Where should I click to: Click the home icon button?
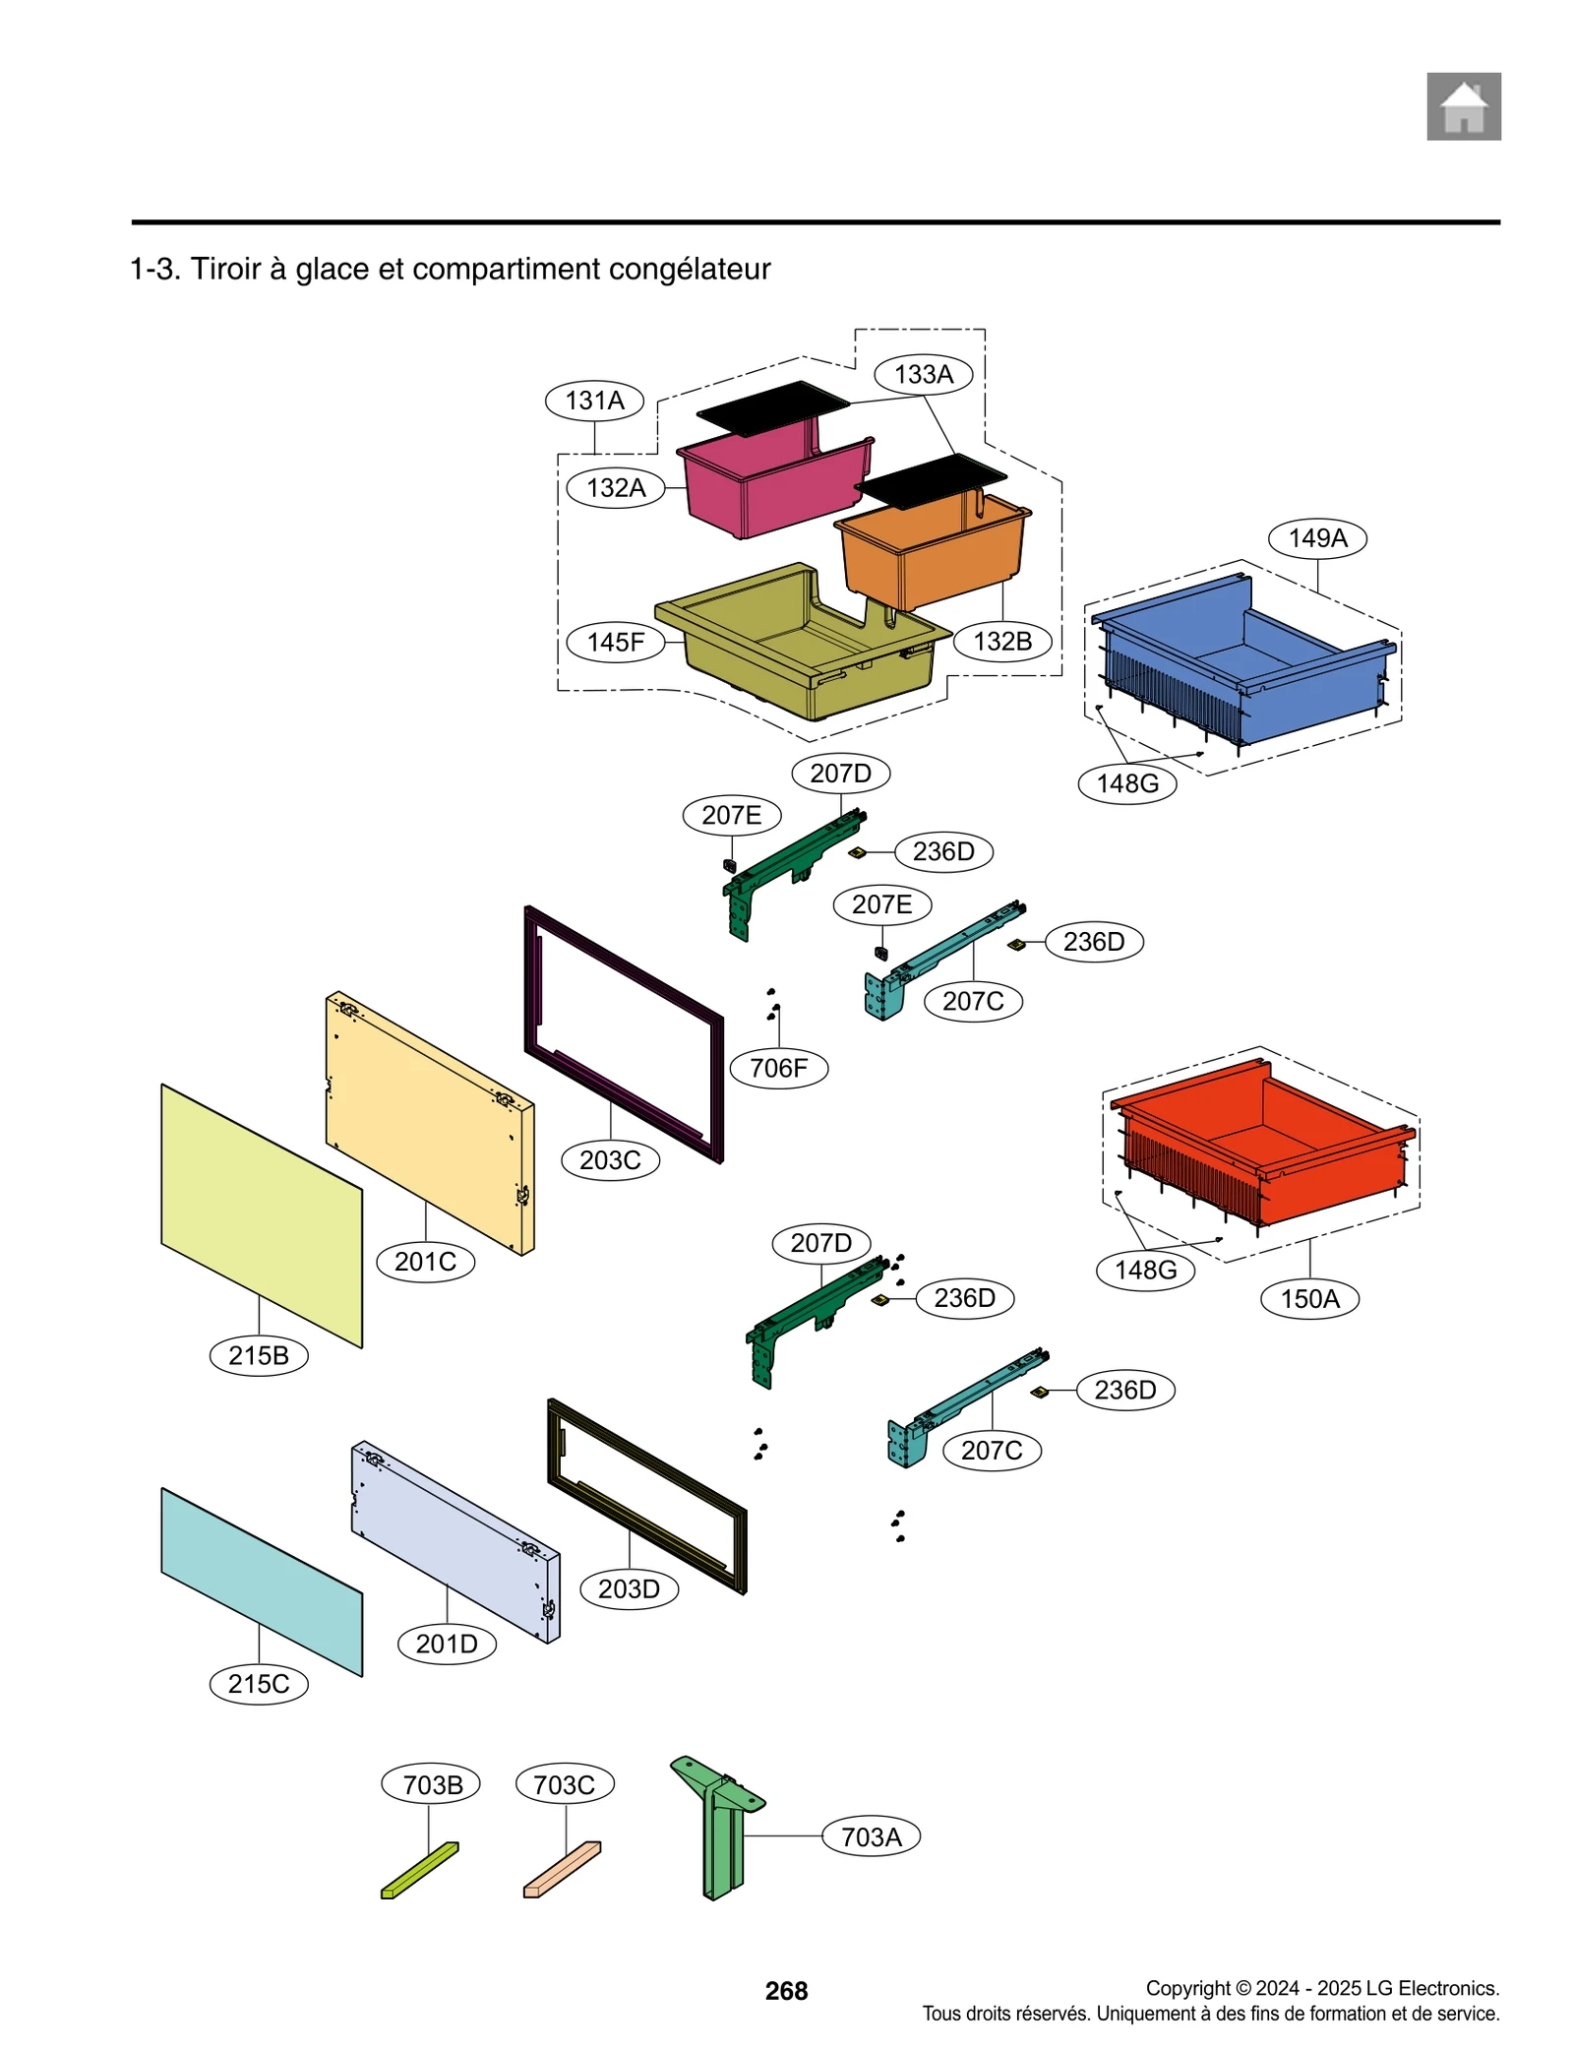1463,106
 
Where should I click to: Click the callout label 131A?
594,401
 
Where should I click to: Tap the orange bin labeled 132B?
930,556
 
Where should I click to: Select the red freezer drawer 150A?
1264,1151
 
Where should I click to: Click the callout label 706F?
778,1068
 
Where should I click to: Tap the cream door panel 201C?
428,1122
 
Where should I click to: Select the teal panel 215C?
261,1580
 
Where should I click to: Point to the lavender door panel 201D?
453,1540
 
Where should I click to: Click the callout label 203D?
629,1588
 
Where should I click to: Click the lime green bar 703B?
419,1870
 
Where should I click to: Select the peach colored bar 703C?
562,1870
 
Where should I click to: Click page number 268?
786,1991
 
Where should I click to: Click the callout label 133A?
923,374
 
